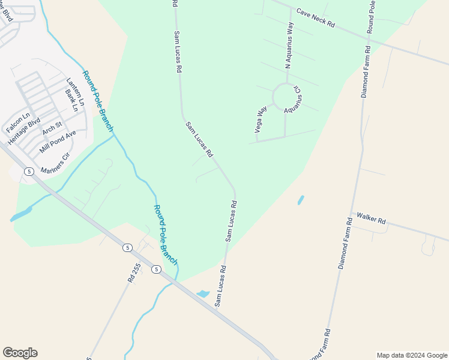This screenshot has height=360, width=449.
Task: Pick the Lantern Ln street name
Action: point(73,90)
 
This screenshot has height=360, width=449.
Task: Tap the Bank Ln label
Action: point(71,101)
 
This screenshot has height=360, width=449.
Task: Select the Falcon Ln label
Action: point(17,123)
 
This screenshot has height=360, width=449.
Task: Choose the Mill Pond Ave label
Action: point(58,142)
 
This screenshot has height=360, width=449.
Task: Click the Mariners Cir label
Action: point(55,163)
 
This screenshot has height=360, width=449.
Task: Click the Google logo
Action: point(20,353)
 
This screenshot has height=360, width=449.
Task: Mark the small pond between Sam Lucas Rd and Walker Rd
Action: point(301,200)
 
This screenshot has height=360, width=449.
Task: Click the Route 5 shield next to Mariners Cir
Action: point(28,172)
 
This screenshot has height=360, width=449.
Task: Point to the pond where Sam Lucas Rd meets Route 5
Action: point(203,293)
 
